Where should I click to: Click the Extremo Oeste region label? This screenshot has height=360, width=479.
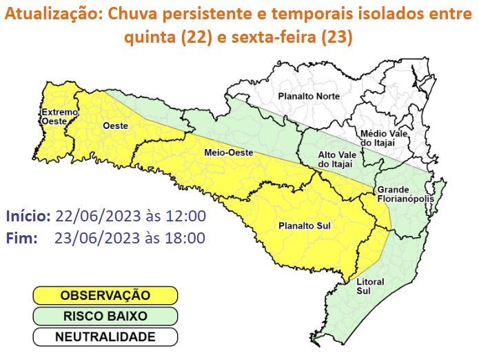click(x=54, y=116)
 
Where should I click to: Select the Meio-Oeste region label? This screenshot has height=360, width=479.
click(x=229, y=152)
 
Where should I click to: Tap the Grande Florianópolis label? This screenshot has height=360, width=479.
click(x=405, y=194)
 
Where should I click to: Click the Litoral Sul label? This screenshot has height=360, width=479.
click(x=370, y=286)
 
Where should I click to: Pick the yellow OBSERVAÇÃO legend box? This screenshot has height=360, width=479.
click(x=105, y=295)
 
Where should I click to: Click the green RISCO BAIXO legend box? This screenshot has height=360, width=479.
click(x=105, y=317)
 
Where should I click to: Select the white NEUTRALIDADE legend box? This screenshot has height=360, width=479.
click(x=105, y=337)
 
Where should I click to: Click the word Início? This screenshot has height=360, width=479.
click(x=28, y=216)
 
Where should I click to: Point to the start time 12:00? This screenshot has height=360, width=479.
click(x=187, y=216)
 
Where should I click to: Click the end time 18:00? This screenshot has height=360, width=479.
click(x=187, y=239)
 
